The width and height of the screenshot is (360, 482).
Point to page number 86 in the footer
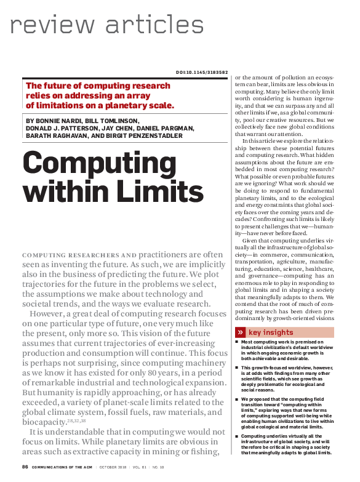click(x=25, y=466)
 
